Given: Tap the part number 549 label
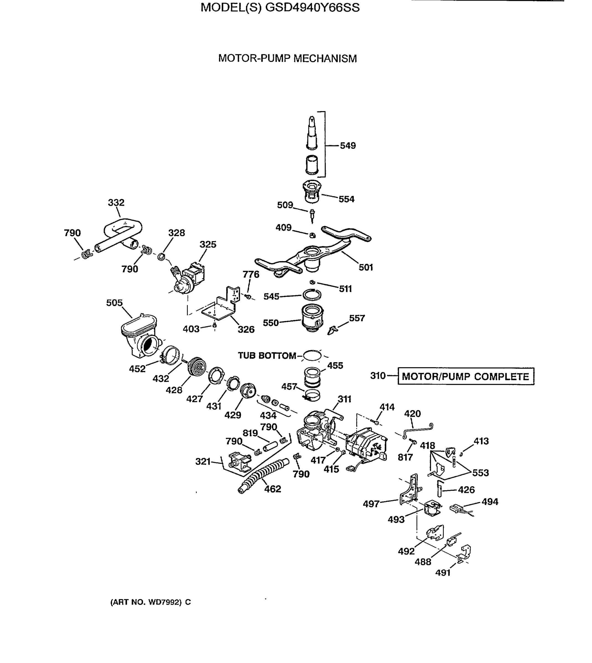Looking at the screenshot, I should [348, 146].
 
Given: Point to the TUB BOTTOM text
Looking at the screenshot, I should [267, 356].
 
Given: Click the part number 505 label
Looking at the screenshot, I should [114, 303].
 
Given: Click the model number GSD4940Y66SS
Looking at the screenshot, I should [312, 7].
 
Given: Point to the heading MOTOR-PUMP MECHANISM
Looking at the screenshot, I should [287, 59].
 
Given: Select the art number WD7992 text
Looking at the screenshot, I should [150, 602].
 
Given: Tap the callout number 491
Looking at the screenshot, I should [443, 573].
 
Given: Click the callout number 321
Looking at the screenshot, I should [203, 461].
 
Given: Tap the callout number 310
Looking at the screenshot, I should [378, 376].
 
